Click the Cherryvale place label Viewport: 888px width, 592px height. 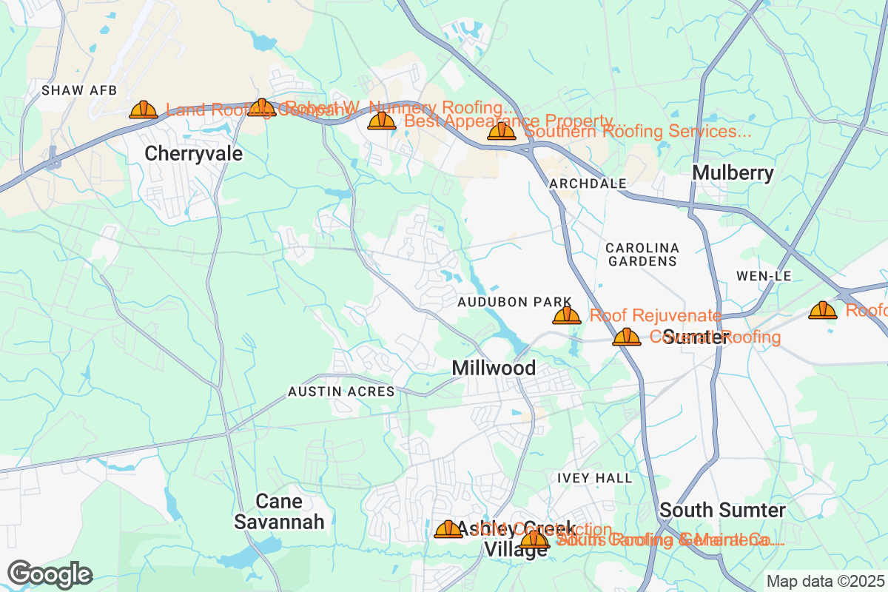tap(193, 153)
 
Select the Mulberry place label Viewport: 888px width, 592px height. tap(733, 173)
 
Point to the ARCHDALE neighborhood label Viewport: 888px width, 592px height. tap(588, 183)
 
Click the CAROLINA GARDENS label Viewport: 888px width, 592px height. tap(642, 254)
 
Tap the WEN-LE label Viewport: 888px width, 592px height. tap(764, 276)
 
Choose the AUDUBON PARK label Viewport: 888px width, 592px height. tap(514, 302)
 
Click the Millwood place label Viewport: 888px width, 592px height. tap(494, 368)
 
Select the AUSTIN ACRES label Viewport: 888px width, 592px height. tap(341, 391)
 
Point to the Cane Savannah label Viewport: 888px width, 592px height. tap(279, 511)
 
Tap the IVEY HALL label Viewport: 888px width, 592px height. tap(595, 478)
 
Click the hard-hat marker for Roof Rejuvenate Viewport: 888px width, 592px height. tap(567, 316)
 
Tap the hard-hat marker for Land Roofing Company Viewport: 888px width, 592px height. tap(144, 110)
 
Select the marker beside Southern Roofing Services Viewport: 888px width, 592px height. tap(502, 132)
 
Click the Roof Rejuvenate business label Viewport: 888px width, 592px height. tap(655, 316)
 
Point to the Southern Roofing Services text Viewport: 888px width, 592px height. tap(638, 132)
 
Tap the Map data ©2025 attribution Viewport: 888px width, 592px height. tap(824, 581)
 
